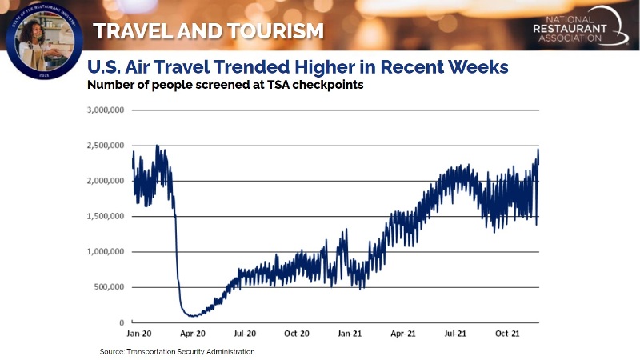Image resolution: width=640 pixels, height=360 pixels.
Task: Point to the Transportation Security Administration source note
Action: (177, 351)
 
